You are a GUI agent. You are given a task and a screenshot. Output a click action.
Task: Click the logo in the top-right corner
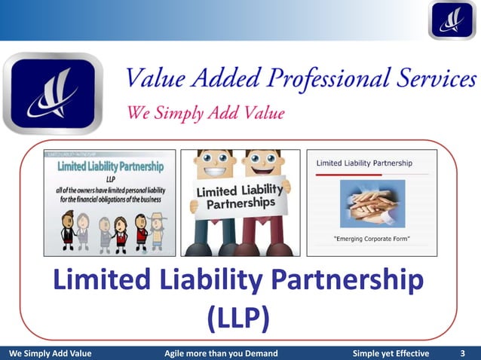452,20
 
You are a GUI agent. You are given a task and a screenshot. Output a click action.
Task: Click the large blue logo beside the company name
53,93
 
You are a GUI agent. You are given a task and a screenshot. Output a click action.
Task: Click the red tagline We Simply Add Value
205,114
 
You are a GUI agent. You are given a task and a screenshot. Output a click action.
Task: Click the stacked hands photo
372,203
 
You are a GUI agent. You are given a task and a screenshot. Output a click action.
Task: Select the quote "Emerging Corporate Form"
372,239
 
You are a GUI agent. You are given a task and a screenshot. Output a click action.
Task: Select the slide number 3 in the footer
462,353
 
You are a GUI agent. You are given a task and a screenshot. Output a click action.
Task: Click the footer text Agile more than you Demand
221,353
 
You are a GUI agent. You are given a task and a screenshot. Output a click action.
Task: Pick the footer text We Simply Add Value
49,353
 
